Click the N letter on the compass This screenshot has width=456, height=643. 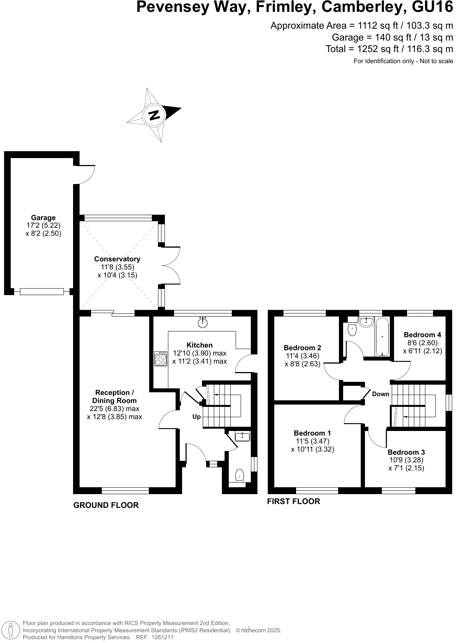[154, 115]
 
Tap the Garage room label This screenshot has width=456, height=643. [43, 218]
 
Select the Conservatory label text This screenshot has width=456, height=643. [117, 259]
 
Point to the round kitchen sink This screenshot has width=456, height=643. [203, 323]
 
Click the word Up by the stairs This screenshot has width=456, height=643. [196, 416]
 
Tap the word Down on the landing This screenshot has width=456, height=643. [381, 394]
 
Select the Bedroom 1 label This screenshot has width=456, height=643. [312, 433]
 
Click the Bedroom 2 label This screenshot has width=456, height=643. [302, 348]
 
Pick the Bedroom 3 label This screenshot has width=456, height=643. [406, 452]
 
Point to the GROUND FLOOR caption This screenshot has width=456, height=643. [106, 505]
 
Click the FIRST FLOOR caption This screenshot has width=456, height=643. [293, 501]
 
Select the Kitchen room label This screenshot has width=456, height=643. [199, 345]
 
